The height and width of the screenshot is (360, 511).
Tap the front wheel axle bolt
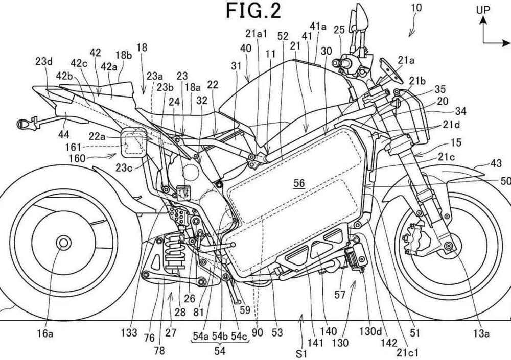click(x=449, y=247)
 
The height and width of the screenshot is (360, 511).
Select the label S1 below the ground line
click(x=305, y=352)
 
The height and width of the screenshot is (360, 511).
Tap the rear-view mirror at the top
click(x=360, y=18)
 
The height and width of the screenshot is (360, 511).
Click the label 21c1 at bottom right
click(x=404, y=351)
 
